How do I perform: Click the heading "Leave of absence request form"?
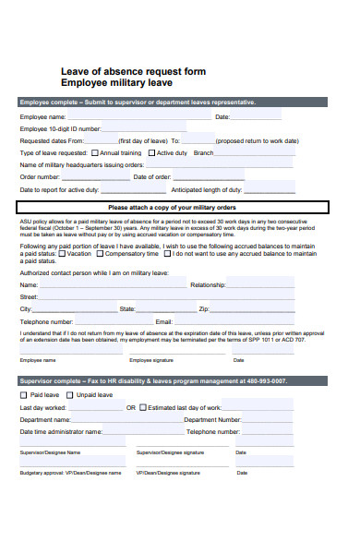click(x=133, y=71)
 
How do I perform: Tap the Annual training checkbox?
click(x=94, y=153)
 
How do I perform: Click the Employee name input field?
click(x=138, y=117)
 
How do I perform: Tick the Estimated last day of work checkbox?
click(x=142, y=407)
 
